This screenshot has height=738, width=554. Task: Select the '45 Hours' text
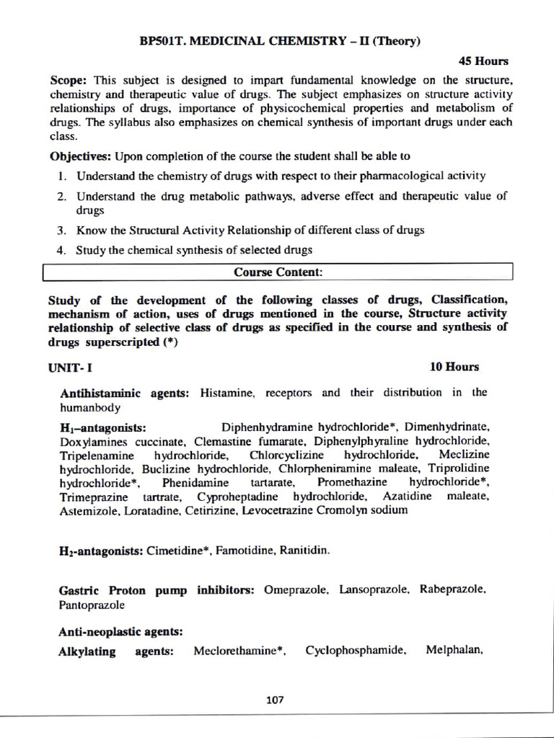point(484,61)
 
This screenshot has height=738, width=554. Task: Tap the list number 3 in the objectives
point(62,231)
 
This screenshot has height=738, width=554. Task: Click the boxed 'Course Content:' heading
point(278,272)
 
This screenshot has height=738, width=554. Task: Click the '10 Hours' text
point(454,367)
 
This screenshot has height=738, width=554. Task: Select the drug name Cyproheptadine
point(241,497)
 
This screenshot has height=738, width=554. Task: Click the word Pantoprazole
point(92,605)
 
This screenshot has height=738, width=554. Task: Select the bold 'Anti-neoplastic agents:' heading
point(120,631)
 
